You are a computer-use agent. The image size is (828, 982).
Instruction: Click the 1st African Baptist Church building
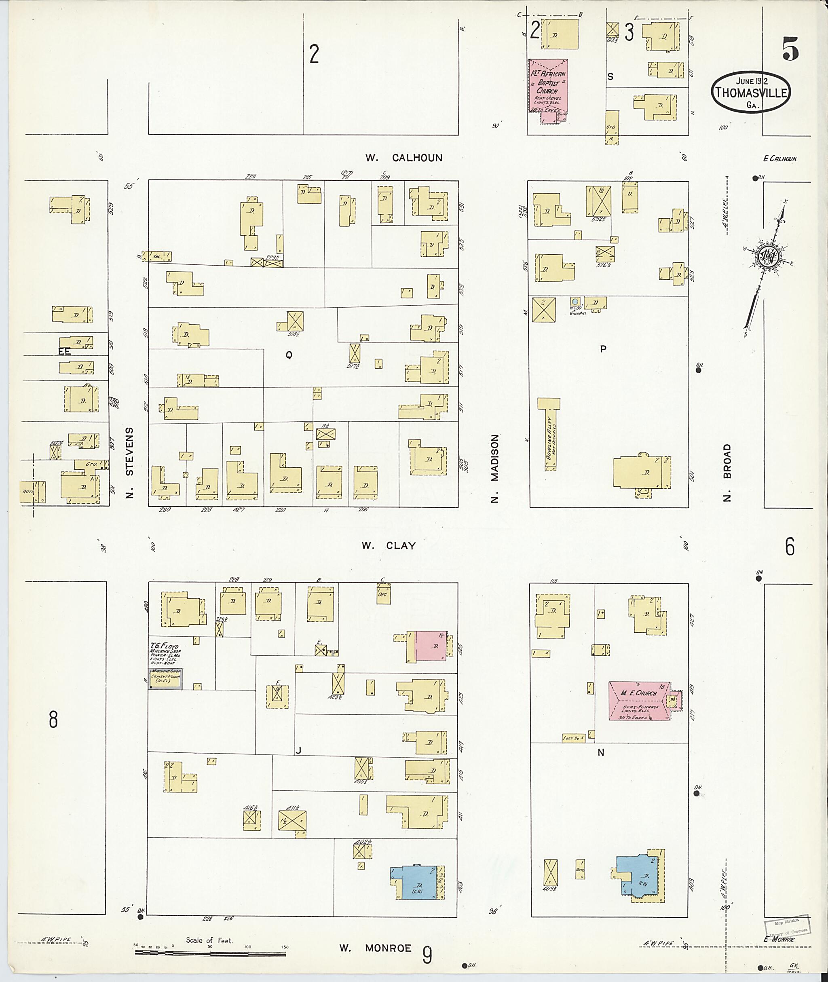548,87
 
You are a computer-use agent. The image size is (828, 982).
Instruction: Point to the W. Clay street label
389,545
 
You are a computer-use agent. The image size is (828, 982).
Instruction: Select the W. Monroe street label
375,948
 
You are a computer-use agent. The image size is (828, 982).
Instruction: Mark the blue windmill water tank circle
575,301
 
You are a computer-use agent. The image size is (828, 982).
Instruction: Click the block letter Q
289,355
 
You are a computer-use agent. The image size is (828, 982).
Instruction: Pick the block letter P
603,349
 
